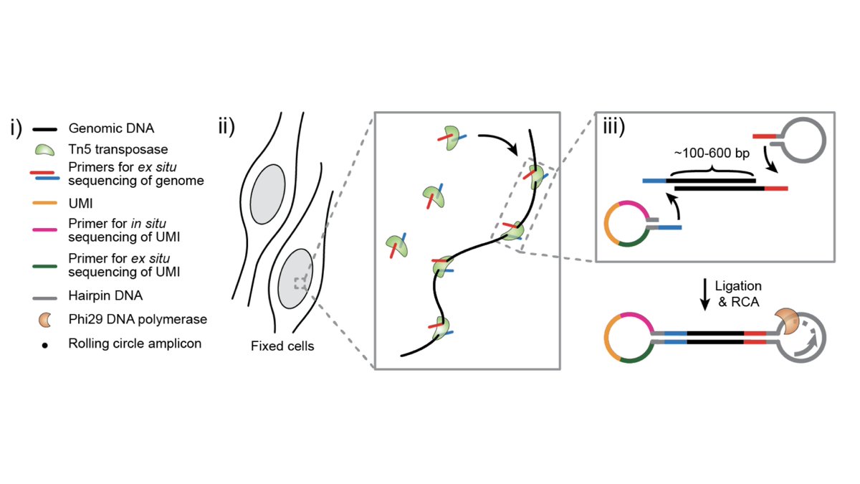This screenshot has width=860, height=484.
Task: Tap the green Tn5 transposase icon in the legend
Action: (x=44, y=149)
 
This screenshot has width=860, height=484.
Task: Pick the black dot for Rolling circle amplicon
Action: (x=44, y=344)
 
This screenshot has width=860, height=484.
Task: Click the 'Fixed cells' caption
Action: (x=282, y=346)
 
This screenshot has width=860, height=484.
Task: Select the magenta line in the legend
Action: (x=44, y=229)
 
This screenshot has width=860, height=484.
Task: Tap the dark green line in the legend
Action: (x=44, y=264)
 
